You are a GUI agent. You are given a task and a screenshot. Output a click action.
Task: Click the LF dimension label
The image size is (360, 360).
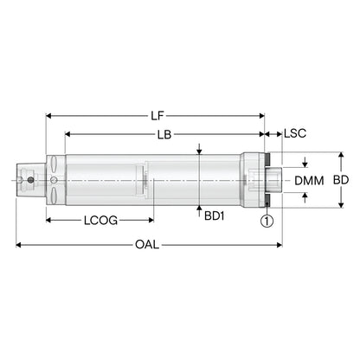157,116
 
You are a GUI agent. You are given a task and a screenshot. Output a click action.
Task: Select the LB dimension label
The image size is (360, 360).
164,134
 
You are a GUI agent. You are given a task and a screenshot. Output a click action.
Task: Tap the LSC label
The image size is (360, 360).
295,133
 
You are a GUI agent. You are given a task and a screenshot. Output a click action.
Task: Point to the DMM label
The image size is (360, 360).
309,181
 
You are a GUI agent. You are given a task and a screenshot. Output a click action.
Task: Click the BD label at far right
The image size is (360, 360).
341,180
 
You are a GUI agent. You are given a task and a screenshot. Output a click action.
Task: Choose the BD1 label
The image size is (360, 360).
214,215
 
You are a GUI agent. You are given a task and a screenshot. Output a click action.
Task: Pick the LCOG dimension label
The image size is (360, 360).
100,221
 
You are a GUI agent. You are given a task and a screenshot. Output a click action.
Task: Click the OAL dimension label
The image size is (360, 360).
147,245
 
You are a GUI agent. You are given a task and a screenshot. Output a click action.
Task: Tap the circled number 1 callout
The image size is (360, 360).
267,221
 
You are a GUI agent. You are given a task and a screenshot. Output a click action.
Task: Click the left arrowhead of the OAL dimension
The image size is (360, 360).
18,245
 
